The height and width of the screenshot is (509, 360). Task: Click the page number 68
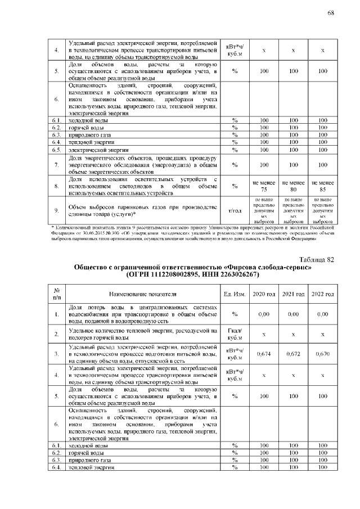click(331, 13)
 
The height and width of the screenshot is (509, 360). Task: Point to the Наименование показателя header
click(143, 294)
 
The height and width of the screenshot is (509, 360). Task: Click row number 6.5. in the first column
click(56, 150)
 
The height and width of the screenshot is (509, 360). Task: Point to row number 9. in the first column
click(56, 210)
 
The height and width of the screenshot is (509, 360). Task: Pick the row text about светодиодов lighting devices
click(143, 186)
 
